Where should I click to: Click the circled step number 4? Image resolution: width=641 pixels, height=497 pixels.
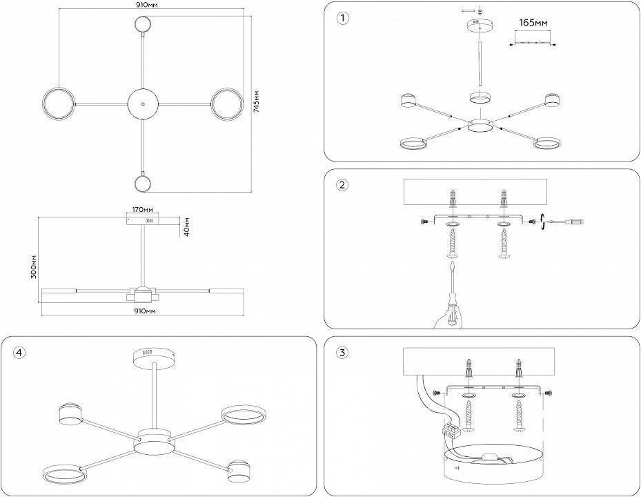click(x=19, y=353)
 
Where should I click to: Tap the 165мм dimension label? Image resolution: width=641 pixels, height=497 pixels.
click(x=533, y=23)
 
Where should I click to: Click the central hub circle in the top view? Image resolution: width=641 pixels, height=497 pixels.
click(x=143, y=104)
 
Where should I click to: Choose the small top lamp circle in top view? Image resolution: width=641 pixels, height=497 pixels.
click(x=143, y=24)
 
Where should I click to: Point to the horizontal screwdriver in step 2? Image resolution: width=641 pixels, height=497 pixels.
click(x=566, y=222)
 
